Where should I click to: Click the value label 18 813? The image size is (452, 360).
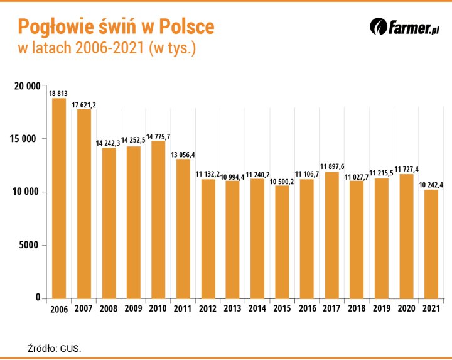coord(58,94)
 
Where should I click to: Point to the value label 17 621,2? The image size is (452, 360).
coord(83,105)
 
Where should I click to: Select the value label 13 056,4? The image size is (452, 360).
coord(183,155)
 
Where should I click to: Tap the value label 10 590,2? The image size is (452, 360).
coord(282,182)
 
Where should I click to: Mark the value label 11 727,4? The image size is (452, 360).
coord(406,170)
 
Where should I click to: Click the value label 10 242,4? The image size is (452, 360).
coord(431,185)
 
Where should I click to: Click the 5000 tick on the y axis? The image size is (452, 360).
coord(30,245)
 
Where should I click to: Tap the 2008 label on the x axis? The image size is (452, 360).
coord(109,309)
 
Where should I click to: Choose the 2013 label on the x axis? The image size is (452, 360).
coord(232,309)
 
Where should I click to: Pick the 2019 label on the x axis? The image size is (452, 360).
coord(381,309)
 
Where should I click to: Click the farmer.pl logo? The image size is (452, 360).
coord(404,28)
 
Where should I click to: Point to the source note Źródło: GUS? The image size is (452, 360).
coord(55,347)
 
